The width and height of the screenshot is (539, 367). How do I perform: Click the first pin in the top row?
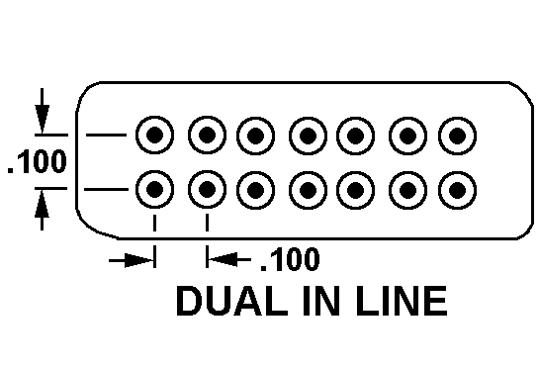coord(154,135)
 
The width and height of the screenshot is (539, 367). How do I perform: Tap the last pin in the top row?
coord(457,136)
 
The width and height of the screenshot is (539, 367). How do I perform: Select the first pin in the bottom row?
coord(154,189)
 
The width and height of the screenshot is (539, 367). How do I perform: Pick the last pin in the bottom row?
coord(457,190)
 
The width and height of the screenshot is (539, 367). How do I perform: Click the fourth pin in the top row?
coord(308,136)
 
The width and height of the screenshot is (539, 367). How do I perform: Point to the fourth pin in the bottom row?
coord(308,190)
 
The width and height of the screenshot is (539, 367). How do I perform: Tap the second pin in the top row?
coord(207,135)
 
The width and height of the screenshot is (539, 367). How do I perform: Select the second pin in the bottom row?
coord(207,189)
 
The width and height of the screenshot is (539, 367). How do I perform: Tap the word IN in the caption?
coord(321,301)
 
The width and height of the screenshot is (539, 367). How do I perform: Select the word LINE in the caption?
coord(402,301)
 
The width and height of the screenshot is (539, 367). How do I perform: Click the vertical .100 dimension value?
coord(38,161)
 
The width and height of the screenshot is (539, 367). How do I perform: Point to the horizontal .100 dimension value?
coord(291,259)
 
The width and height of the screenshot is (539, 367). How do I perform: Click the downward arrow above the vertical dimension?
coord(42,111)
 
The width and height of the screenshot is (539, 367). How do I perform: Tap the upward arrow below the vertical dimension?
coord(42,210)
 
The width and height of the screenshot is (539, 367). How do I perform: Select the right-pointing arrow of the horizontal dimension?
coord(132,260)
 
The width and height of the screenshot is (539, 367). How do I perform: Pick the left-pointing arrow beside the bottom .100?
coord(229,260)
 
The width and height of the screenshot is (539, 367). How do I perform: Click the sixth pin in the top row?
coord(408,136)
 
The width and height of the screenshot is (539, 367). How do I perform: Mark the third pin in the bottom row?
coord(255,190)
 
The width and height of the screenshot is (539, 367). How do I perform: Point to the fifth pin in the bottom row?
coord(355,190)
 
